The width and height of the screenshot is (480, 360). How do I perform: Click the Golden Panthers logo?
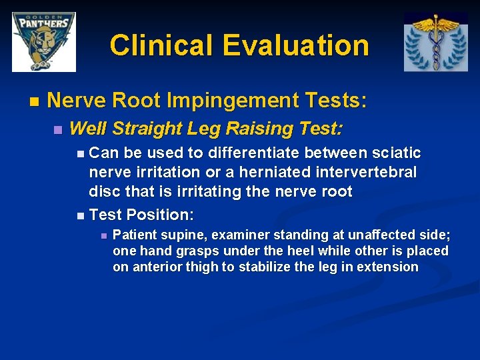[44, 42]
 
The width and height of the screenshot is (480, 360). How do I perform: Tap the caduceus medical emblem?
[436, 42]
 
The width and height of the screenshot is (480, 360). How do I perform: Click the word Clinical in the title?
[161, 45]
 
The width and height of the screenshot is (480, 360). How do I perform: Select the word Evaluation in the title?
[296, 45]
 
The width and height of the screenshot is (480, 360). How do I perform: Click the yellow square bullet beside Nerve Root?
[34, 101]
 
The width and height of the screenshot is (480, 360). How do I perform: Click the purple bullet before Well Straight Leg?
[58, 130]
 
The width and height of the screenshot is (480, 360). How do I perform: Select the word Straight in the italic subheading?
[147, 129]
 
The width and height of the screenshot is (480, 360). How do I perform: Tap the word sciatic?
[397, 153]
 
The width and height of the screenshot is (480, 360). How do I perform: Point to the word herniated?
[275, 172]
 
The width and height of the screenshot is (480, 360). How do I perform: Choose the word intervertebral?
[366, 172]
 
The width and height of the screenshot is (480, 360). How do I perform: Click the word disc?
[105, 191]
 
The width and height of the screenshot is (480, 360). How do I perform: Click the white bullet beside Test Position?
[81, 216]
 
